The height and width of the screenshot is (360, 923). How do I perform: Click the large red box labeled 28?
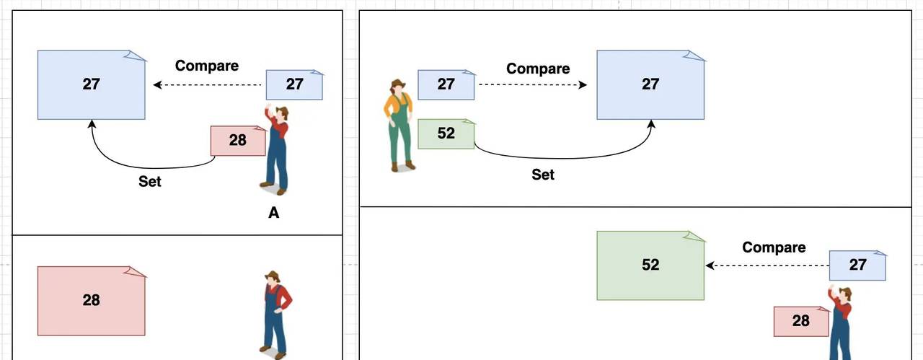click(x=92, y=300)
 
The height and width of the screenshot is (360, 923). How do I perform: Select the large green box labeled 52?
click(x=650, y=265)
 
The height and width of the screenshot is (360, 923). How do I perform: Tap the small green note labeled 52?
click(x=446, y=134)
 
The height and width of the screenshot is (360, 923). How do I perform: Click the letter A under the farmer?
click(x=274, y=213)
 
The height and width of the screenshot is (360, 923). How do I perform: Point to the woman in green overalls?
click(x=398, y=127)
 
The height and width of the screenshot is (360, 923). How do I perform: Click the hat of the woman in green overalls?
click(x=397, y=84)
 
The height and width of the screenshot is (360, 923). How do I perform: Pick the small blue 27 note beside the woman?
click(x=446, y=84)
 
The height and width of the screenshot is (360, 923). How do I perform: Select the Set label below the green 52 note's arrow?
click(x=543, y=175)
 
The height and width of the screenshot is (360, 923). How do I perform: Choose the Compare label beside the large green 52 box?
click(x=774, y=247)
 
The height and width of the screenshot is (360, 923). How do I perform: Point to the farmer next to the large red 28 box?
click(x=275, y=314)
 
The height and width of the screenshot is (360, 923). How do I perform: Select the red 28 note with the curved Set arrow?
click(x=238, y=141)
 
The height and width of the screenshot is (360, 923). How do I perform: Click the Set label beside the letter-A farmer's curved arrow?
click(x=150, y=182)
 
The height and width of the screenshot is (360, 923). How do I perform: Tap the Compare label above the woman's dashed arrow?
click(x=538, y=69)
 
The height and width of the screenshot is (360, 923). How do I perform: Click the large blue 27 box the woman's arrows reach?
click(x=650, y=84)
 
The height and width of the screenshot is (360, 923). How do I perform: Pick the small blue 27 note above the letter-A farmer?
click(x=294, y=84)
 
